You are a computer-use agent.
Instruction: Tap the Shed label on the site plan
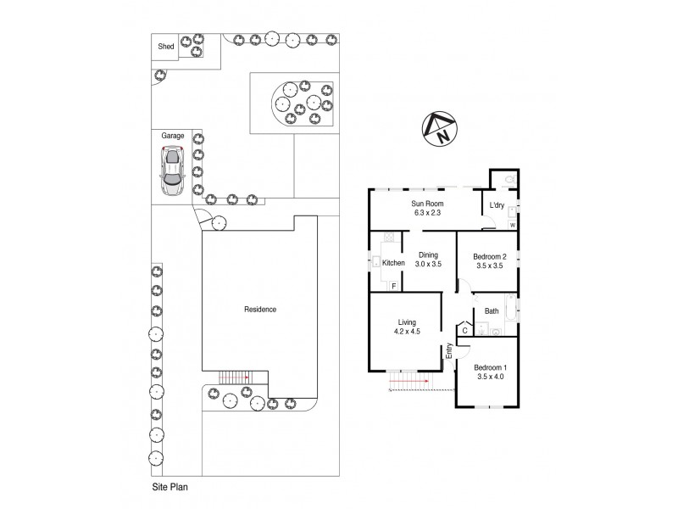pyautogui.click(x=165, y=47)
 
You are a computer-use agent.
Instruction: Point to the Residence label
pyautogui.click(x=260, y=310)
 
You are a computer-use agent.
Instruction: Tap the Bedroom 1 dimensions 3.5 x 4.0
pyautogui.click(x=491, y=376)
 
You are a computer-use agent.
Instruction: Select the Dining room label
pyautogui.click(x=428, y=254)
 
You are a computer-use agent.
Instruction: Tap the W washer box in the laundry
pyautogui.click(x=514, y=225)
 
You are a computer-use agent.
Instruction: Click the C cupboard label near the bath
pyautogui.click(x=464, y=330)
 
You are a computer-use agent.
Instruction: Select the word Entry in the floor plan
pyautogui.click(x=449, y=351)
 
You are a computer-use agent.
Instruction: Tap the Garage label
pyautogui.click(x=174, y=135)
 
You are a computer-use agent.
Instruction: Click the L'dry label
pyautogui.click(x=497, y=205)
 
